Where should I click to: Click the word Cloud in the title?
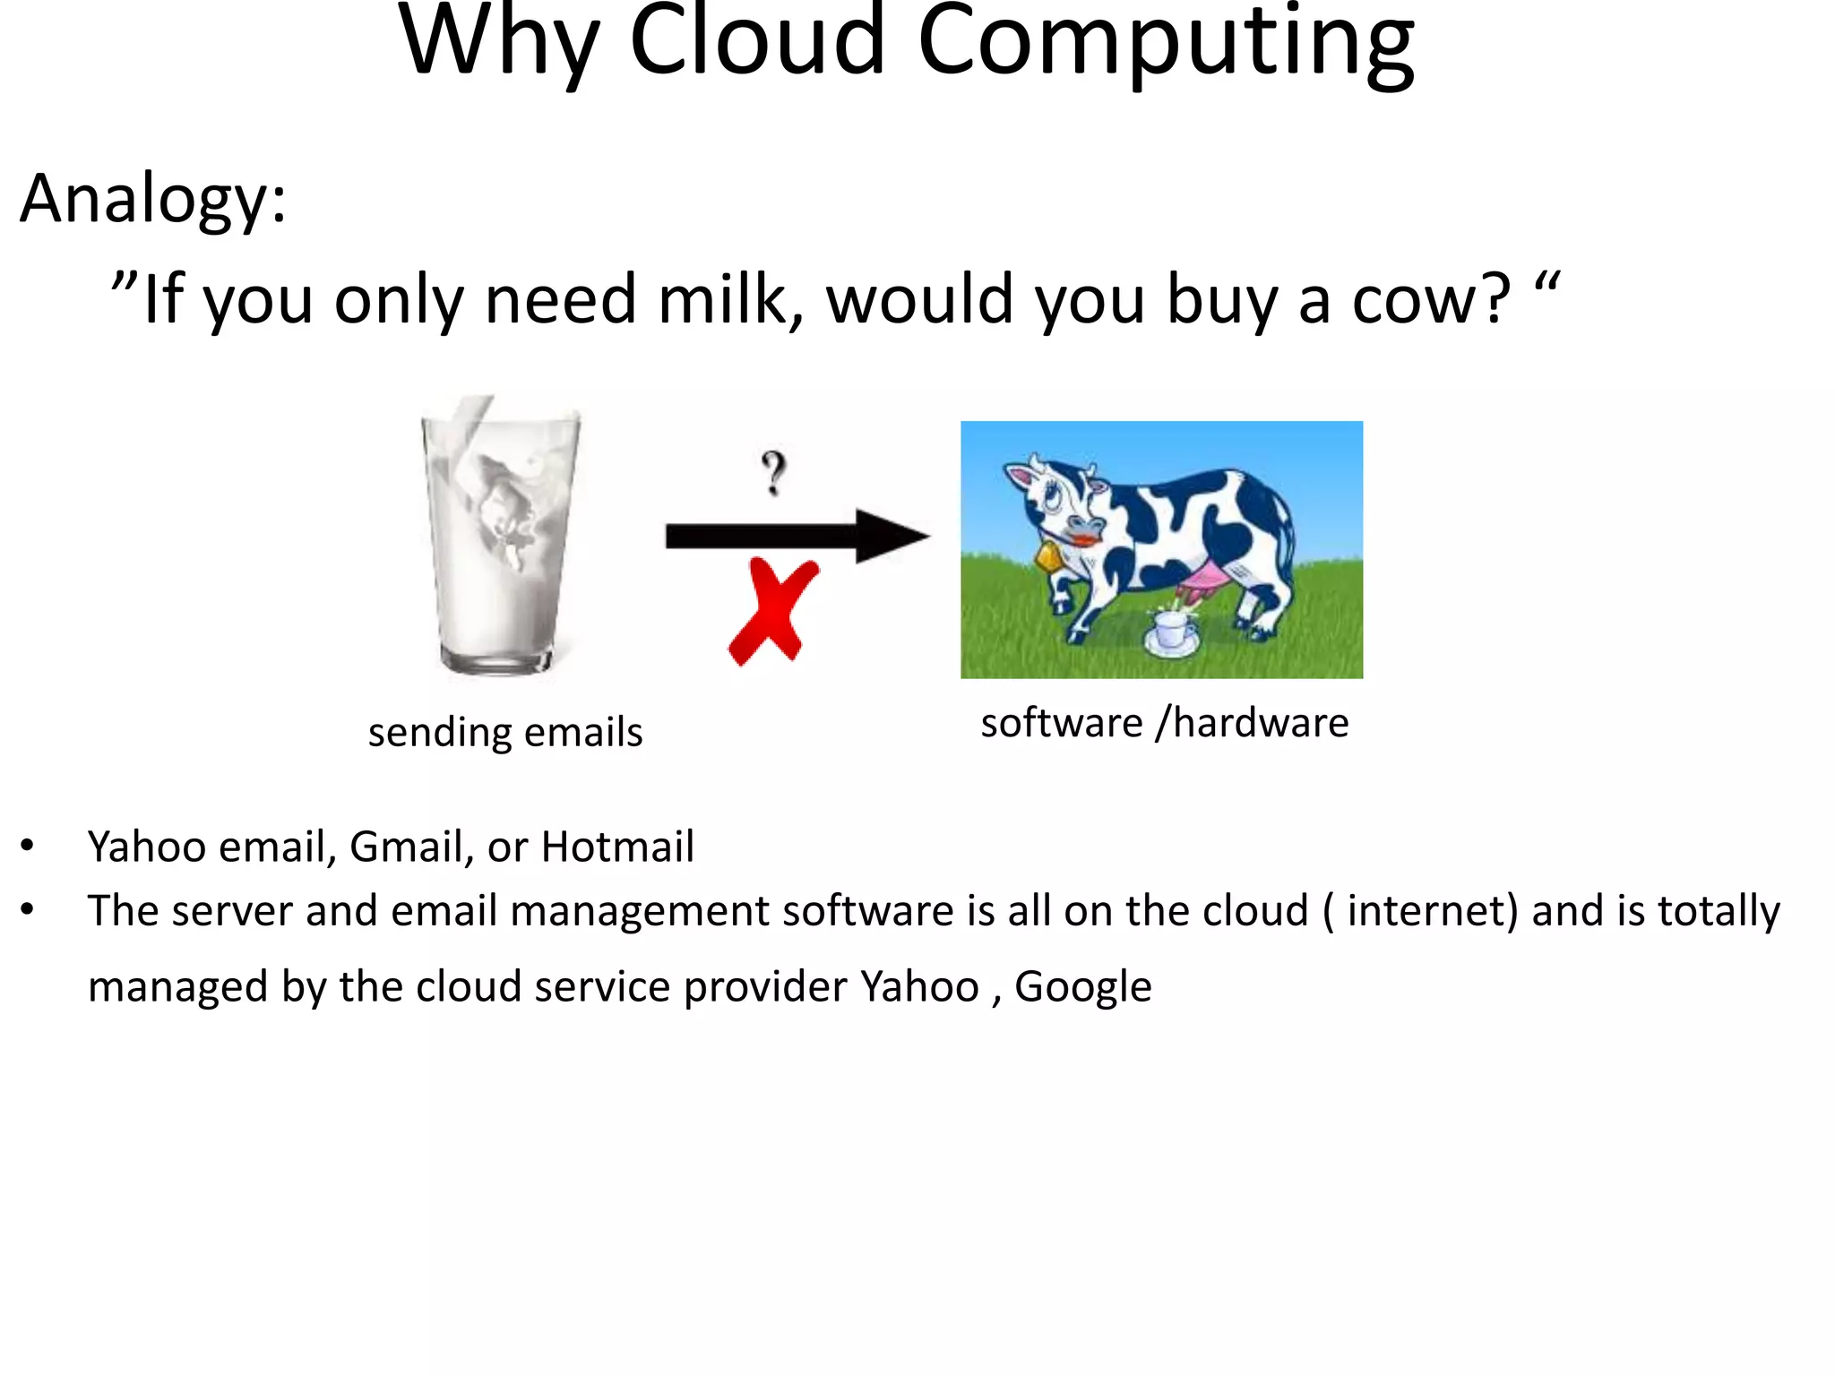pos(757,40)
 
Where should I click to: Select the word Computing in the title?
pos(1165,45)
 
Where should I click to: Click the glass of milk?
pos(499,537)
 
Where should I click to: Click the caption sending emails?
pos(505,732)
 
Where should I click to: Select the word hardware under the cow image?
pos(1260,723)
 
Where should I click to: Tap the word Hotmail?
pos(617,847)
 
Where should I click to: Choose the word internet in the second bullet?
pos(1432,911)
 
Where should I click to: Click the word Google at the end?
pos(1082,987)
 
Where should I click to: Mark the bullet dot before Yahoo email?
pos(28,846)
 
